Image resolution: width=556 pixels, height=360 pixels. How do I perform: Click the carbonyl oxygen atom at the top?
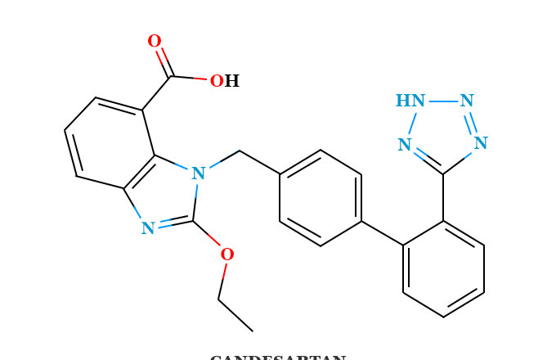pos(154,42)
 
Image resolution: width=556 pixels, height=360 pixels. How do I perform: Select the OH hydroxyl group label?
pos(224,82)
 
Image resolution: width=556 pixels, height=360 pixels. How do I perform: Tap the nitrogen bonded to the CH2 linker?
pos(198,174)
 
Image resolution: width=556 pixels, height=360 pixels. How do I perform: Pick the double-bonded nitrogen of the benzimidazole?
pos(148,229)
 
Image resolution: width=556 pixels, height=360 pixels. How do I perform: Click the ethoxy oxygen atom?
pos(226,255)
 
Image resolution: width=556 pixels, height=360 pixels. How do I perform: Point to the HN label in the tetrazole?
pos(410,101)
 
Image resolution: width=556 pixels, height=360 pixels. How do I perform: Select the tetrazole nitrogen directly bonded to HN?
pos(467,101)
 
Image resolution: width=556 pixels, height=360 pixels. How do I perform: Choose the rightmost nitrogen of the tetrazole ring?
pos(481,144)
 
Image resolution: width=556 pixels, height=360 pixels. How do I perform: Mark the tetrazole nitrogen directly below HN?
pos(405,146)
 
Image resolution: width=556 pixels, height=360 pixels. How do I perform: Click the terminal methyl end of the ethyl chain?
pos(252,331)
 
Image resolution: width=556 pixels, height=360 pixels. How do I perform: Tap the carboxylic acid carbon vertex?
pos(171,76)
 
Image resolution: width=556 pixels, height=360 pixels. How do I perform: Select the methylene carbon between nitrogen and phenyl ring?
pos(240,151)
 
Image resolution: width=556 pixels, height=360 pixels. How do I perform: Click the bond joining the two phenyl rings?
pos(382,233)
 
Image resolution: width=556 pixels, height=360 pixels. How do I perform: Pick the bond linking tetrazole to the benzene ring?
pos(443,197)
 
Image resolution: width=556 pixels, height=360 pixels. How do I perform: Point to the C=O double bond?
pos(163,59)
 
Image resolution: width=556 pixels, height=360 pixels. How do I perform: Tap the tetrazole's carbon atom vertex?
pos(443,173)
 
